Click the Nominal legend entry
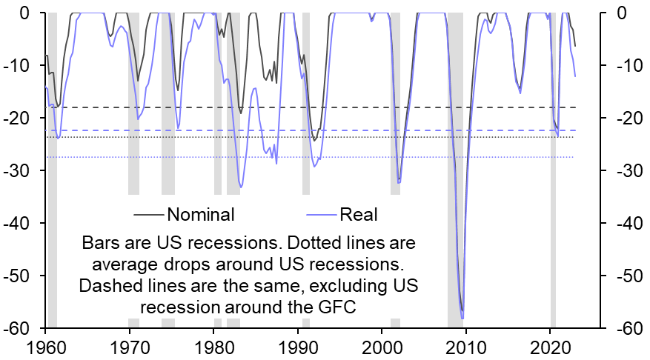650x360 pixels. [201, 215]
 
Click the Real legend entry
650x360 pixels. [359, 215]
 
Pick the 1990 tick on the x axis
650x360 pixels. [298, 347]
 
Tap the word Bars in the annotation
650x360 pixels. [101, 243]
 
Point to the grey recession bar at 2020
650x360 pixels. [553, 148]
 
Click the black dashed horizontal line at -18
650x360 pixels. [222, 107]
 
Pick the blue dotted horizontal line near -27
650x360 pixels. [222, 157]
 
